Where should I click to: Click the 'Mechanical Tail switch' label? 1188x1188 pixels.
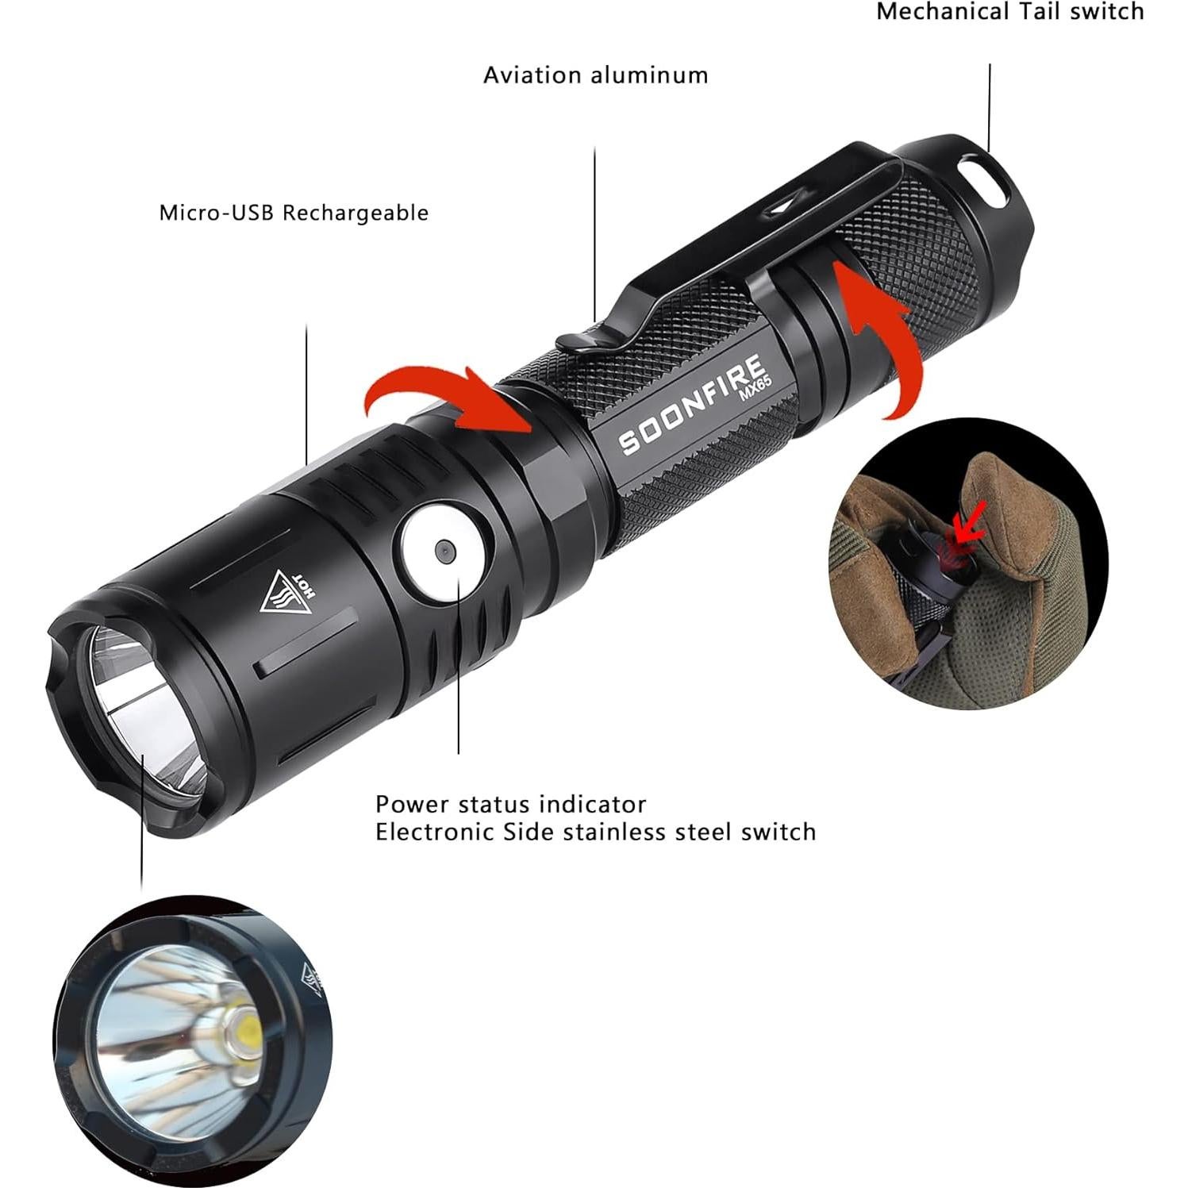coord(1009,12)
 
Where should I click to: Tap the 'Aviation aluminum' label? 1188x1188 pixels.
coord(595,75)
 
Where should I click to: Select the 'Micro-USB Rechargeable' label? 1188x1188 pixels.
coord(294,213)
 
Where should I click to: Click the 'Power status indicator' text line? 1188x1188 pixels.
coord(510,804)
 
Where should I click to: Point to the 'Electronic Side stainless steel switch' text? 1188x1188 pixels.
coord(595,832)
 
